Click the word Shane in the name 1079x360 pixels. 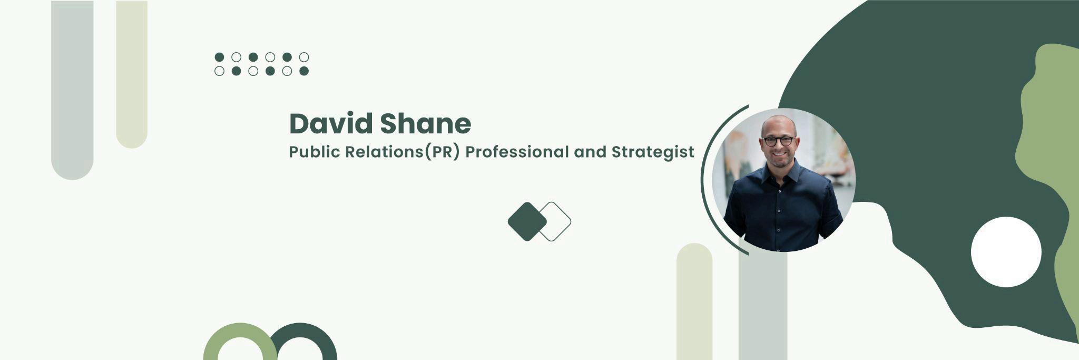(426, 123)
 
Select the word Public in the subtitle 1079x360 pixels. (315, 152)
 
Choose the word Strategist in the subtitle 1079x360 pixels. (653, 152)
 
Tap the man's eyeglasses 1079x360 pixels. (778, 141)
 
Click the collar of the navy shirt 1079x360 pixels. (781, 171)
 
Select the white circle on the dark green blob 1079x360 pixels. (1006, 252)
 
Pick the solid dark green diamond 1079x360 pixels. (527, 221)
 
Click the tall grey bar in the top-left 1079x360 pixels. (72, 90)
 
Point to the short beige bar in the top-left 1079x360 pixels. (132, 74)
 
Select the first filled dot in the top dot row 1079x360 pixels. (220, 57)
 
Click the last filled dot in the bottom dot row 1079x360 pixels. (304, 71)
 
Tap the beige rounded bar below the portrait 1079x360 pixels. (694, 301)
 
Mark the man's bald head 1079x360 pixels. (779, 124)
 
